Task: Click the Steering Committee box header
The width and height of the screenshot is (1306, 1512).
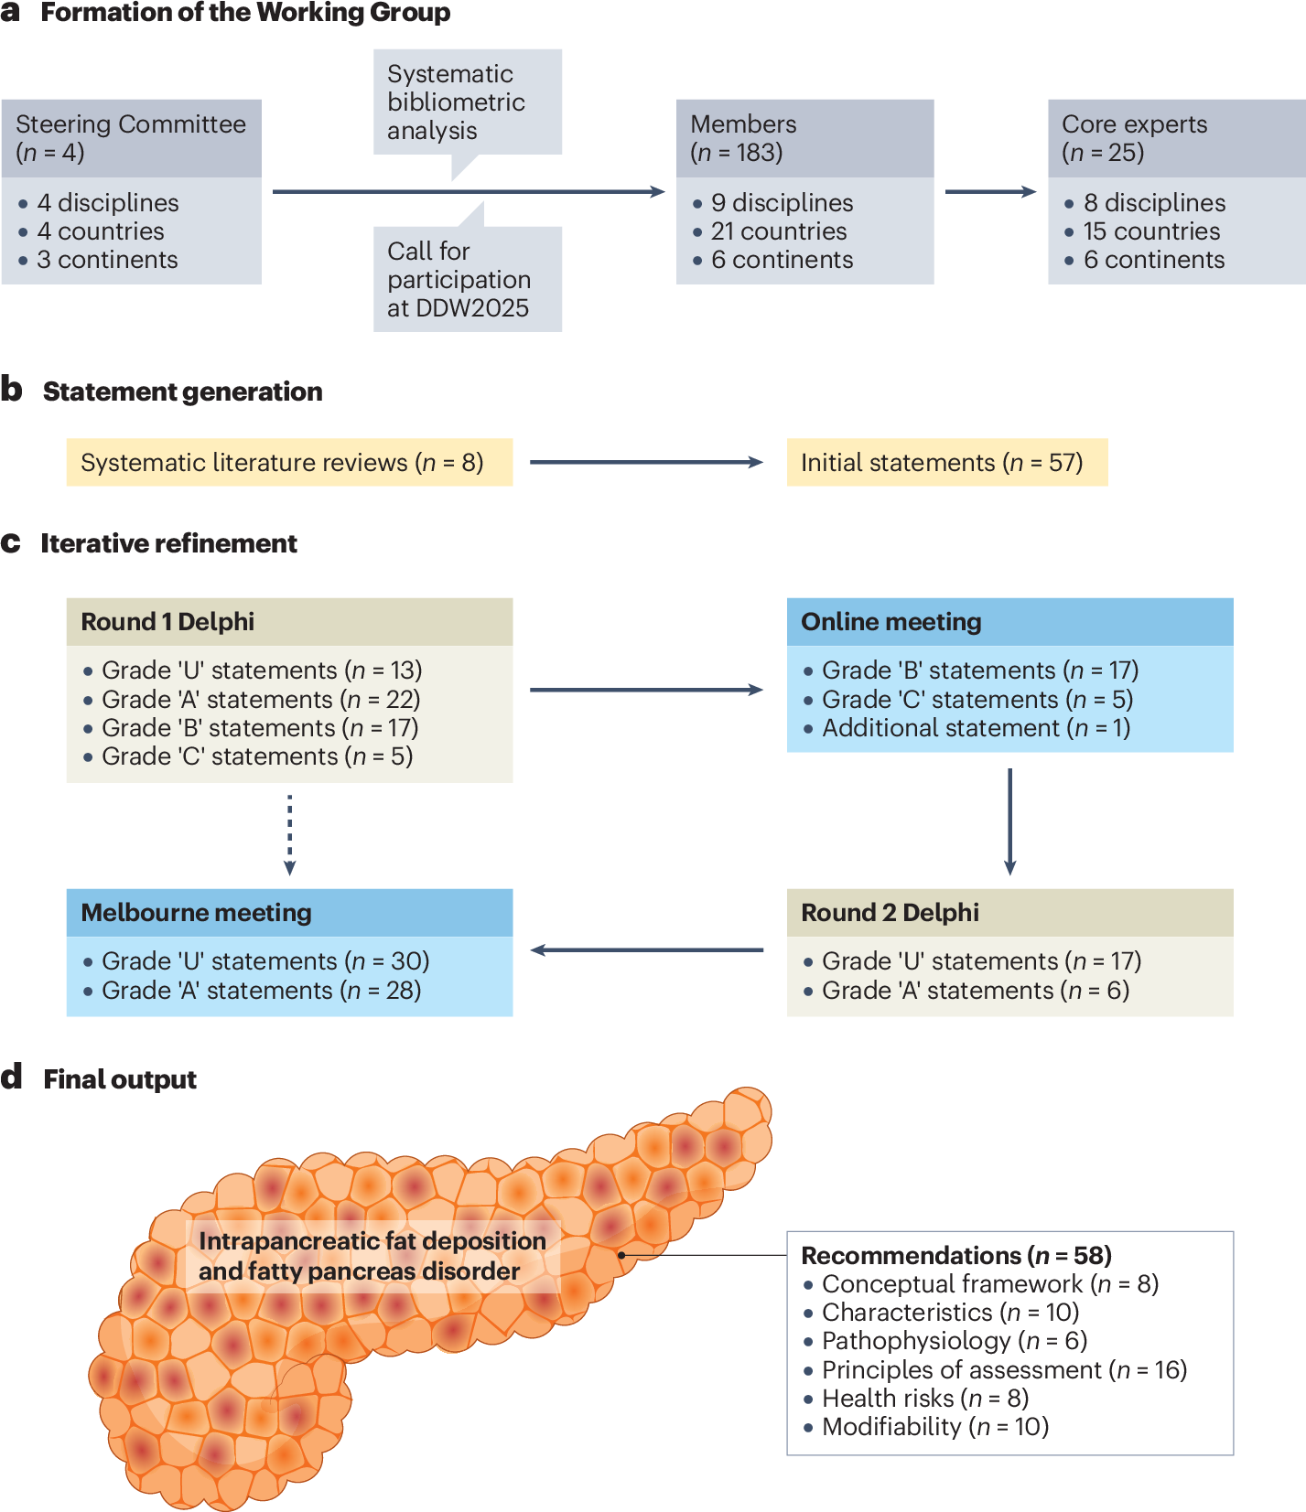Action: coord(131,138)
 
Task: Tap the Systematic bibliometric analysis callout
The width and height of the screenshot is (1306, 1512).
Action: coord(468,102)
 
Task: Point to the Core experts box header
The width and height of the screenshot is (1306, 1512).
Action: coord(1177,138)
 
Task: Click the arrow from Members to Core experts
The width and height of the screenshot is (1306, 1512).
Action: coord(990,192)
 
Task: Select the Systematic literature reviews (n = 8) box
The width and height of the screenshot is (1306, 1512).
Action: coord(289,462)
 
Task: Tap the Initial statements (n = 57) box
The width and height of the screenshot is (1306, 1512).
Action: coord(947,462)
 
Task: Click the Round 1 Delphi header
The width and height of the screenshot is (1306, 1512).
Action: coord(289,622)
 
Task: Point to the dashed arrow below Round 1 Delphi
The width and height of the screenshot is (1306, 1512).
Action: coord(289,834)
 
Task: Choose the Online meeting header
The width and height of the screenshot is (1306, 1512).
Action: coord(1010,622)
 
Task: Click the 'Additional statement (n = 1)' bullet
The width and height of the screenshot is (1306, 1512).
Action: coord(967,728)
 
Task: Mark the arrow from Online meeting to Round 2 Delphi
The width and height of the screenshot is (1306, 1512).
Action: coord(1009,821)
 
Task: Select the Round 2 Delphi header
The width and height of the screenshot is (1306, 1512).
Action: coord(1010,913)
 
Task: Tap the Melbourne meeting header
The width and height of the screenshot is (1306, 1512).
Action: coord(289,913)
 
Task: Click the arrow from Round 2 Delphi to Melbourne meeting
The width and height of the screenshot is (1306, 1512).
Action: coord(647,950)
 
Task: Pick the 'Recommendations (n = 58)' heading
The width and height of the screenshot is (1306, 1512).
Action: coord(956,1255)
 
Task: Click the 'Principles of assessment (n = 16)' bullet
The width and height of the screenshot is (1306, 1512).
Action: coord(996,1370)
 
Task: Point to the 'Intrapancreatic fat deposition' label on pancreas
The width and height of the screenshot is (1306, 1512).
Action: coord(372,1241)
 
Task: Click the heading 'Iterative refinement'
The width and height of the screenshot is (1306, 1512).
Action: coord(169,543)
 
